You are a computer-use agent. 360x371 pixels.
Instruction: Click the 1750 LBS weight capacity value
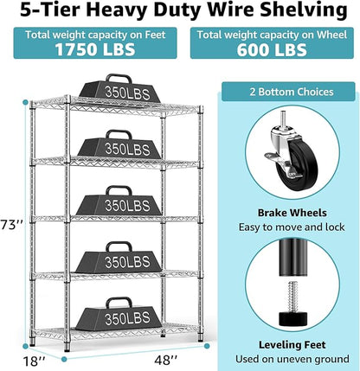tap(95, 49)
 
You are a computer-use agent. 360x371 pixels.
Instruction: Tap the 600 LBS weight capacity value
tap(272, 49)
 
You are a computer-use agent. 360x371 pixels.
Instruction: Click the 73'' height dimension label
tap(11, 225)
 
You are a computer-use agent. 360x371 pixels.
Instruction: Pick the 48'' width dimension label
tap(165, 360)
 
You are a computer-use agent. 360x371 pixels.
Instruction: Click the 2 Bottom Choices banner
tap(288, 92)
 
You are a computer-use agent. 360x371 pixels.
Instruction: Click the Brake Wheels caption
tap(292, 213)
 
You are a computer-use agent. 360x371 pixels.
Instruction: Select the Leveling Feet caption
tap(292, 345)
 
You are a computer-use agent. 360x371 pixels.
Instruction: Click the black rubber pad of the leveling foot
tap(292, 317)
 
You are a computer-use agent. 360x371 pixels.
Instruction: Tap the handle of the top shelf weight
tap(119, 78)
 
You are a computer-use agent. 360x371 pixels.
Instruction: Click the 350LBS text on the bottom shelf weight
tap(127, 318)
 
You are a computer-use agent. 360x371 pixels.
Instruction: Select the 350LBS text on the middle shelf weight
tap(127, 206)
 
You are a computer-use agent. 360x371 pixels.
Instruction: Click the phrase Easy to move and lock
tap(292, 227)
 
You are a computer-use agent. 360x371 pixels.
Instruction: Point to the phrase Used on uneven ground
tap(292, 359)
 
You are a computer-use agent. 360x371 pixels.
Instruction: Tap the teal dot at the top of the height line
tap(25, 102)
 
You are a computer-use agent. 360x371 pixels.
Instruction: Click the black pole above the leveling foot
tap(292, 257)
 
